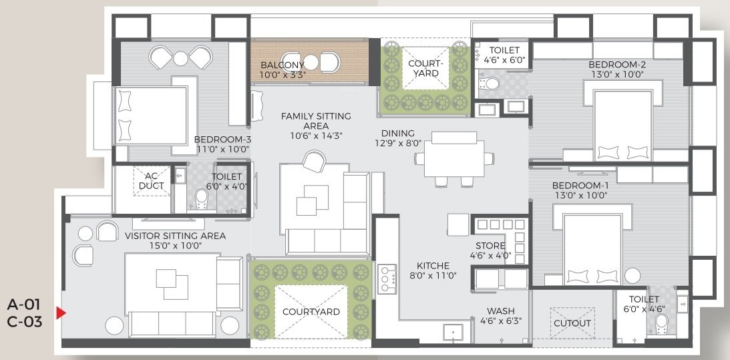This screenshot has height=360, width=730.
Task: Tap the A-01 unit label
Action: [25, 305]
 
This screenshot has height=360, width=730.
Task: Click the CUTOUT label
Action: [572, 323]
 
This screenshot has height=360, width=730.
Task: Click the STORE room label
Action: [490, 245]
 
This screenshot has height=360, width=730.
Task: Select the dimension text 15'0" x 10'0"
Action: [175, 246]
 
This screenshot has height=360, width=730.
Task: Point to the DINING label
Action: [398, 133]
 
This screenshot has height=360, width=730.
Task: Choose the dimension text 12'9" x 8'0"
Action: [398, 142]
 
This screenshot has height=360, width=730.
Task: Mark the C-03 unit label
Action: [25, 321]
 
